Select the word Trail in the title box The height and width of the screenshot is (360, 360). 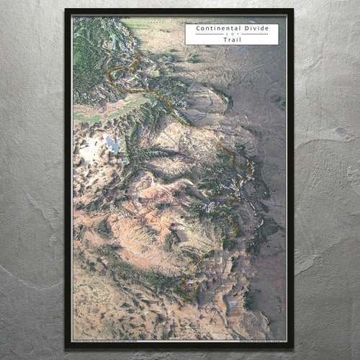pyautogui.click(x=231, y=40)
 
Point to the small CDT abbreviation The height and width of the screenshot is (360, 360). pyautogui.click(x=231, y=35)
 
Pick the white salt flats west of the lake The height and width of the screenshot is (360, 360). pyautogui.click(x=91, y=151)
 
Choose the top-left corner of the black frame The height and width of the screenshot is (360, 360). pyautogui.click(x=66, y=10)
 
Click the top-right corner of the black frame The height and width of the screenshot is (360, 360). pyautogui.click(x=292, y=10)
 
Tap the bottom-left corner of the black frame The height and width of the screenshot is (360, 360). pyautogui.click(x=66, y=347)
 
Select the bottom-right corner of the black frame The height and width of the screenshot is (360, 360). pyautogui.click(x=292, y=347)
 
